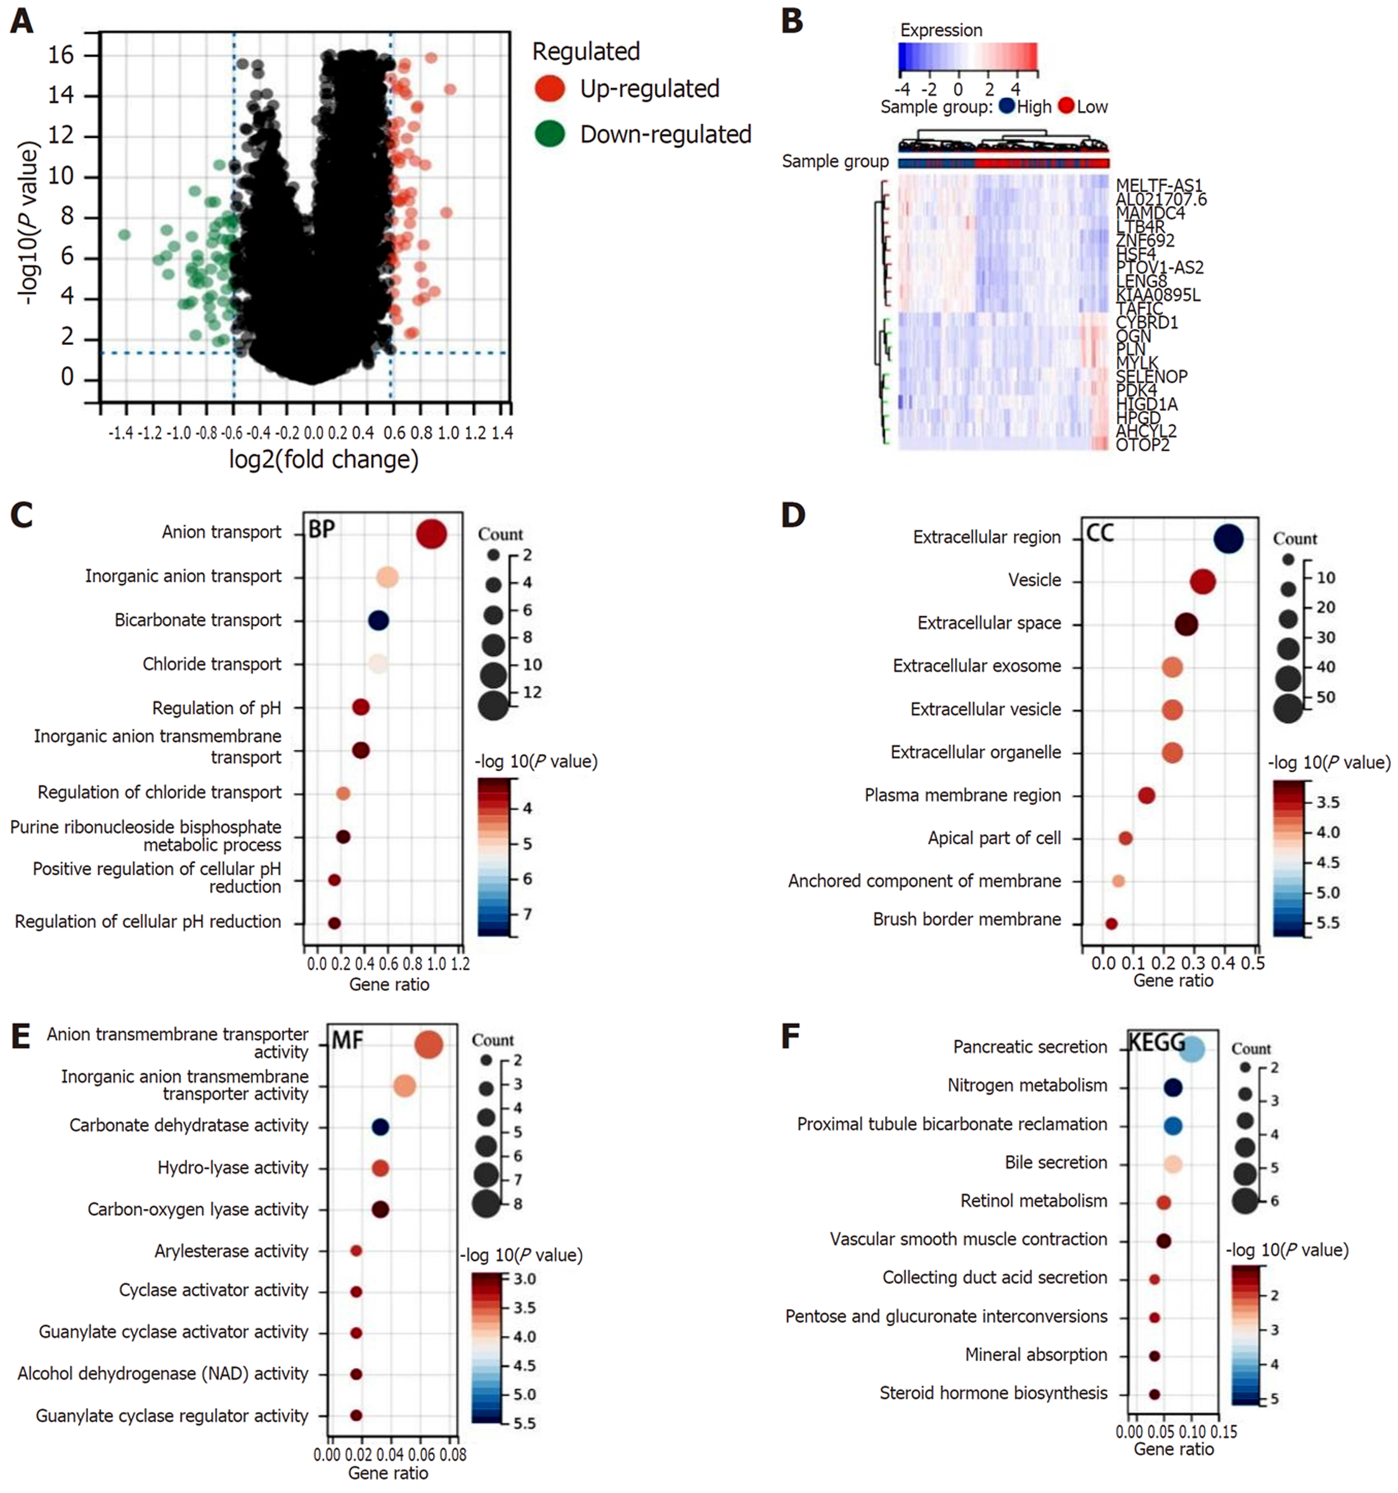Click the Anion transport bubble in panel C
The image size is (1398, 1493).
pyautogui.click(x=431, y=535)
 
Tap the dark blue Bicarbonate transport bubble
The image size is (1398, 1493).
pyautogui.click(x=379, y=620)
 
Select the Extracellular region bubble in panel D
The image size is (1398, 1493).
pyautogui.click(x=1227, y=539)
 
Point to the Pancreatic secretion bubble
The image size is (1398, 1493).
pyautogui.click(x=1191, y=1049)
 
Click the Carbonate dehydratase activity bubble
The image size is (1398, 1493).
pyautogui.click(x=380, y=1126)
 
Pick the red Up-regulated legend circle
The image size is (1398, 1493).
pyautogui.click(x=550, y=89)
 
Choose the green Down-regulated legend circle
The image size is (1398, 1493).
pyautogui.click(x=550, y=134)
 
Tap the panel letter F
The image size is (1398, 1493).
pyautogui.click(x=791, y=1036)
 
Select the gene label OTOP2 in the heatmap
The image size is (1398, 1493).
pyautogui.click(x=1142, y=445)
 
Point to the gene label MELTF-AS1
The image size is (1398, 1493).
pyautogui.click(x=1158, y=185)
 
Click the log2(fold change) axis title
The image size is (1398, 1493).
pyautogui.click(x=323, y=459)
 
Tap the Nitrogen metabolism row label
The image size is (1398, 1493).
pyautogui.click(x=1027, y=1085)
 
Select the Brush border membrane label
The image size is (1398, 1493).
pyautogui.click(x=966, y=919)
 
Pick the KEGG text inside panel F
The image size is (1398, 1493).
pyautogui.click(x=1157, y=1043)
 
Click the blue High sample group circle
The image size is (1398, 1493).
pyautogui.click(x=1006, y=106)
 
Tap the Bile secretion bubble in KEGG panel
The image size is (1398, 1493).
pyautogui.click(x=1174, y=1164)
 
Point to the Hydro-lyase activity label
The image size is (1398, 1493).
pyautogui.click(x=233, y=1167)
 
